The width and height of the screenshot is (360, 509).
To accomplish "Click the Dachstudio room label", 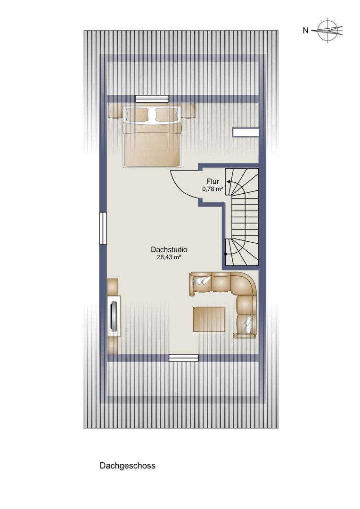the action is (x=169, y=250).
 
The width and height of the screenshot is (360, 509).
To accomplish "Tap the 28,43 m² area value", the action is (x=169, y=257).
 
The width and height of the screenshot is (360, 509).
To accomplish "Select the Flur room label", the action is (x=213, y=181).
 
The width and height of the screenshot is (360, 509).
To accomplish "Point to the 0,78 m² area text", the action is (x=213, y=189).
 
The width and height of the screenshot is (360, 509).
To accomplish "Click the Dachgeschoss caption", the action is (x=128, y=466).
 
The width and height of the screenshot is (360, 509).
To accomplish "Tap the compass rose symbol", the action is (x=328, y=31).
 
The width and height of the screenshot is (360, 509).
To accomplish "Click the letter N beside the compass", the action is (x=305, y=31).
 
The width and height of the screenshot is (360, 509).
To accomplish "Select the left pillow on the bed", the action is (x=137, y=114).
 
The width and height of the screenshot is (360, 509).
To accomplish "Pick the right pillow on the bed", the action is (x=167, y=114).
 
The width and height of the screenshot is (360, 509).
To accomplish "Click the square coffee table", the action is (x=209, y=319).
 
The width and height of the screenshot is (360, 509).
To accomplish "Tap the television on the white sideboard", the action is (x=114, y=317).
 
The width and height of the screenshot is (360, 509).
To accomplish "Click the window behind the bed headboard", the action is (x=152, y=99).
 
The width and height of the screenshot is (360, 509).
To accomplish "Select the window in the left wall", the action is (x=103, y=228).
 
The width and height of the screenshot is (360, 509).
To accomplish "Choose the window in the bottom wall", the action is (x=183, y=358).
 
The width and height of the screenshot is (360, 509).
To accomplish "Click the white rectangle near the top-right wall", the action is (x=246, y=132).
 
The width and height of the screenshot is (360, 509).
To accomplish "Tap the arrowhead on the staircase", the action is (x=229, y=182).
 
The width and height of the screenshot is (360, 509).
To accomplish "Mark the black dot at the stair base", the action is (x=225, y=254).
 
